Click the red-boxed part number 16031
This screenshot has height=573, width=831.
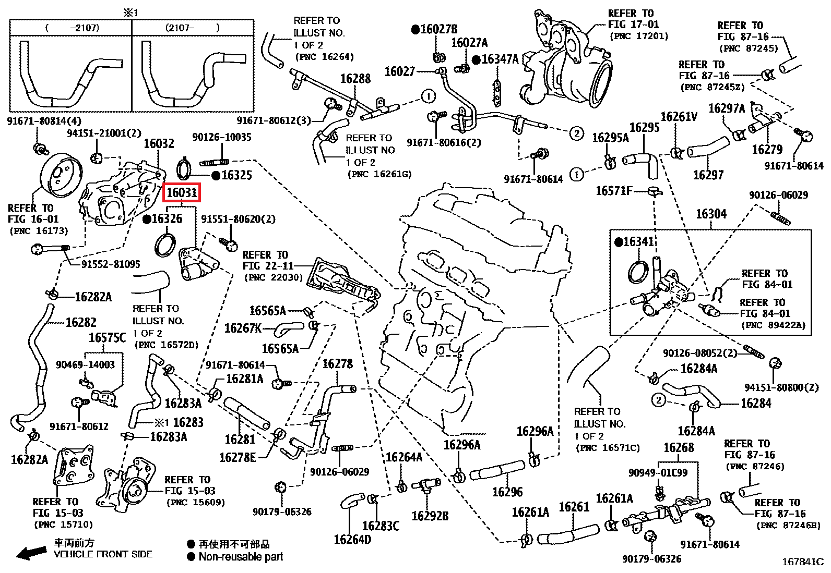tap(182, 193)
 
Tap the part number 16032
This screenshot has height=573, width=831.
tap(159, 143)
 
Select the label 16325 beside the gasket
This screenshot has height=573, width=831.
tap(236, 175)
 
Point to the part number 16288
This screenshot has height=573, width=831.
tap(355, 79)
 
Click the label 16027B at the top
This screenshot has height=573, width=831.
tap(434, 29)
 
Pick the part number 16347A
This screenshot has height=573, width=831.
tap(495, 59)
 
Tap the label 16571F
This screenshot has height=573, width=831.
tap(614, 191)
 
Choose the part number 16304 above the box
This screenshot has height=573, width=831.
tap(711, 214)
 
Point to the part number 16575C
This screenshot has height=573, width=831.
tap(107, 338)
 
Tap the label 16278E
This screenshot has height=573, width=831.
tap(238, 458)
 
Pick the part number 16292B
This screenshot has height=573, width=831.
tap(430, 516)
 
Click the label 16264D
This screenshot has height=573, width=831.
tap(352, 540)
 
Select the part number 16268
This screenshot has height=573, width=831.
tap(679, 448)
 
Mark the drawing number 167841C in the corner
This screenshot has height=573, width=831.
tap(802, 562)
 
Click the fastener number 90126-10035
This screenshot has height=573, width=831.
tap(222, 137)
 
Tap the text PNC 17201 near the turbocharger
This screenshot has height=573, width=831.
tap(638, 36)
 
